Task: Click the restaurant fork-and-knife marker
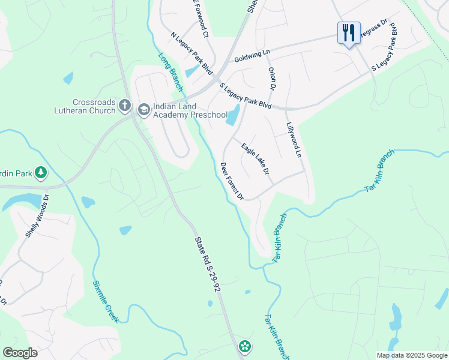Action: pos(349,32)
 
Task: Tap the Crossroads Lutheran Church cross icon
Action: pos(125,106)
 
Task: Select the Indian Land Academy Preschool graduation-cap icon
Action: pos(143,109)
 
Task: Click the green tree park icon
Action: pos(41,173)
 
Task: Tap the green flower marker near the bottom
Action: pos(244,346)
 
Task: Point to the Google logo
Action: pos(20,353)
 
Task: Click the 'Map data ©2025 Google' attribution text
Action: pos(412,355)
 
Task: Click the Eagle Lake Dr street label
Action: pos(255,159)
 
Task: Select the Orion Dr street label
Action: pos(272,79)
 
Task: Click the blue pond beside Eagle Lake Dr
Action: pos(232,115)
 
